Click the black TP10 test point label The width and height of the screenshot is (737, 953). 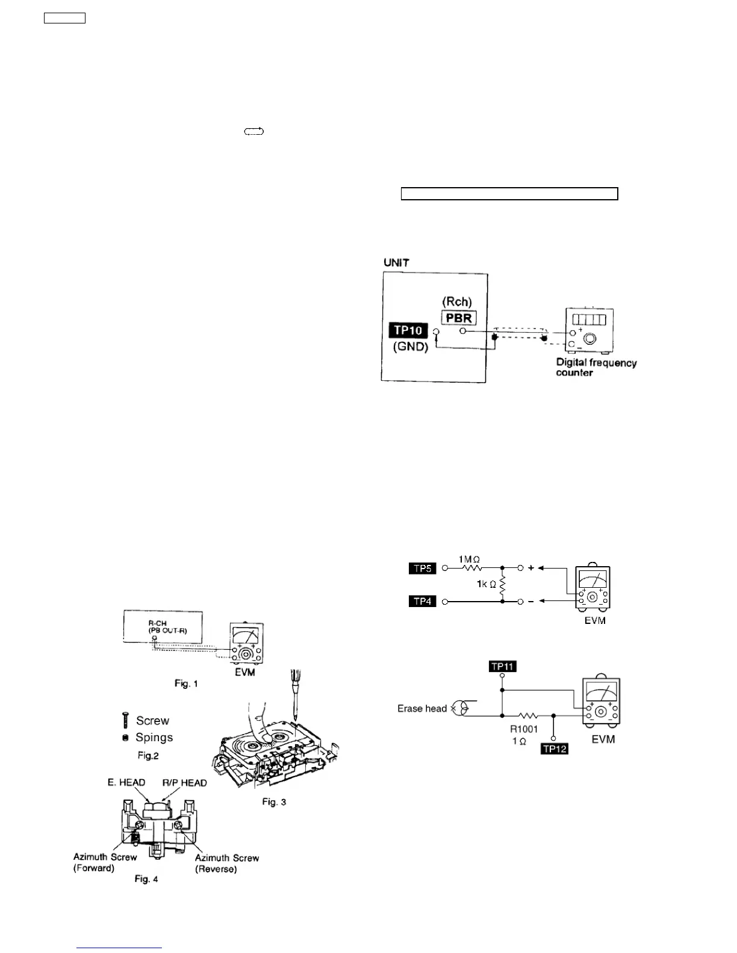[x=409, y=330]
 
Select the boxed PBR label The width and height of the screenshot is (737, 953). [x=459, y=318]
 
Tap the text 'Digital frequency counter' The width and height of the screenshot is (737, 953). [x=596, y=368]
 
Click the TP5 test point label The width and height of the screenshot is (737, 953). [x=422, y=568]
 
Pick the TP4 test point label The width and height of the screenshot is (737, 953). [x=422, y=601]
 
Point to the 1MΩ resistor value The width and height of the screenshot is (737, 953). [x=469, y=559]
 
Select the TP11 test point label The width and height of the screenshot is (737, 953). [x=503, y=666]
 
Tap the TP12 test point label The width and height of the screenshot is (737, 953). [x=555, y=749]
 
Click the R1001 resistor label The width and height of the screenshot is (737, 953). [x=524, y=729]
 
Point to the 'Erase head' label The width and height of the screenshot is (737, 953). [x=421, y=709]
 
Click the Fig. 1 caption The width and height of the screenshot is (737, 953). [x=186, y=683]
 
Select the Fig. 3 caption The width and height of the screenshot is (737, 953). [x=274, y=802]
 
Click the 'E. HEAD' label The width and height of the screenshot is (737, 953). [x=126, y=783]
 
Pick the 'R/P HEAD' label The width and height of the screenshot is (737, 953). [x=184, y=783]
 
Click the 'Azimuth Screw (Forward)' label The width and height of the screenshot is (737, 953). [x=104, y=862]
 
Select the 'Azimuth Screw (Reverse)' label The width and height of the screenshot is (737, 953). [x=226, y=863]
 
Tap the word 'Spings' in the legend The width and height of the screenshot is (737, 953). [x=154, y=737]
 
